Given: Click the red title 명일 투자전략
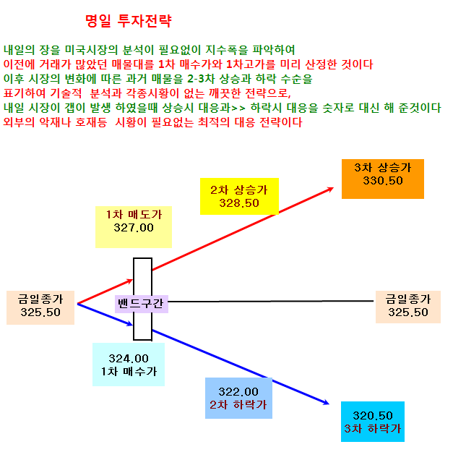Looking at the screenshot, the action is (129, 21).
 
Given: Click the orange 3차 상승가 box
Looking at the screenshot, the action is (383, 179).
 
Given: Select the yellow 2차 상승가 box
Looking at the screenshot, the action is (239, 196).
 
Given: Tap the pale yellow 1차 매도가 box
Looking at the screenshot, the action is (134, 226).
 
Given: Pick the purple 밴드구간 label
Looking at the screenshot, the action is (142, 304).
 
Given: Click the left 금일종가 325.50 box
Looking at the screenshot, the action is (40, 307).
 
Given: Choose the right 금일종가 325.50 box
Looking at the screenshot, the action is (408, 307).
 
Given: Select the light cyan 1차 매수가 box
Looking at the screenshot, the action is (129, 365).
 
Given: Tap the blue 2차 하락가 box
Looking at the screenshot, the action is (238, 398).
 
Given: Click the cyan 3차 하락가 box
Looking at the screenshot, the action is (373, 422).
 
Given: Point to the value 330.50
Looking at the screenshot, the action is (383, 181).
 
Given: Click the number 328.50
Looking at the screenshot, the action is (239, 203).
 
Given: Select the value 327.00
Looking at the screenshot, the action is (134, 228).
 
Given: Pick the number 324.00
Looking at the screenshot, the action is (129, 359).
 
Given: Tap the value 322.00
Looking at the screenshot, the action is (238, 391).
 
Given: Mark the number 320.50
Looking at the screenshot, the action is (373, 415).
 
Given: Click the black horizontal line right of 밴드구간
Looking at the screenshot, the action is (271, 302).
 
